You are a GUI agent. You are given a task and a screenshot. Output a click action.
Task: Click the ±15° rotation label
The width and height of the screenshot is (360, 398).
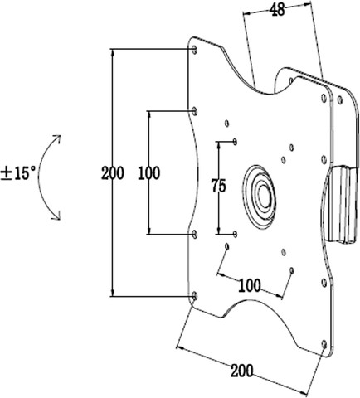click(18, 173)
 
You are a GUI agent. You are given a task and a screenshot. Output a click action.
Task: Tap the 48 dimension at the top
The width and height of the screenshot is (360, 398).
click(277, 10)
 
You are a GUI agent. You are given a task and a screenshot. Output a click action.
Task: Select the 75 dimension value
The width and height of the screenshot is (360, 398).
click(219, 185)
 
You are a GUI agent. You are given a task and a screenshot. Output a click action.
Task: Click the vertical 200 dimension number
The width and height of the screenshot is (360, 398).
click(112, 173)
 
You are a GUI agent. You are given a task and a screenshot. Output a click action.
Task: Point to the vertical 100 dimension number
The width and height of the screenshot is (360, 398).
click(148, 173)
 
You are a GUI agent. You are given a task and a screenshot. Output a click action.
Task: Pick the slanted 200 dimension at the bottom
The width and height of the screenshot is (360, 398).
click(242, 371)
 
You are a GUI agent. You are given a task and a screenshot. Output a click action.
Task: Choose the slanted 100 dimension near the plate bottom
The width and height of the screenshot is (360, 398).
click(250, 285)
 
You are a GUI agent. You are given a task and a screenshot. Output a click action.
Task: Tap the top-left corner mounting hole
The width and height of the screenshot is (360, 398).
click(194, 50)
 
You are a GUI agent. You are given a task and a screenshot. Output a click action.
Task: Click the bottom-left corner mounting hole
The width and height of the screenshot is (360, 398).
click(195, 297)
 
